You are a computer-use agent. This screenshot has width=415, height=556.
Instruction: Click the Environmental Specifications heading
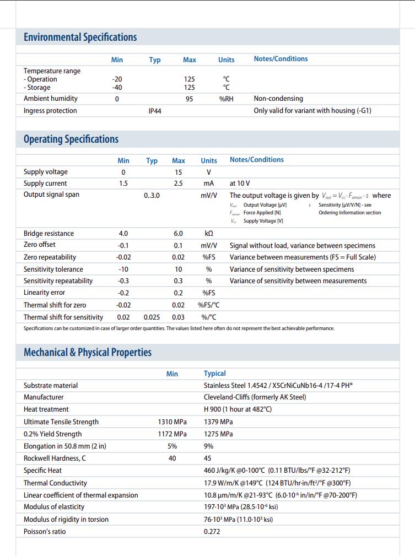[x=80, y=37]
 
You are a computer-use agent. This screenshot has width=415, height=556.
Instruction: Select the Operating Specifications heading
[x=71, y=139]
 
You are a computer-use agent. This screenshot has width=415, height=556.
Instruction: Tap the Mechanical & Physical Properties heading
[x=87, y=352]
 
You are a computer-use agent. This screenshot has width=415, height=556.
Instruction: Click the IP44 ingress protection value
[x=155, y=111]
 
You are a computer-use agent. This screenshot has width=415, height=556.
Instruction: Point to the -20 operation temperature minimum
[x=117, y=79]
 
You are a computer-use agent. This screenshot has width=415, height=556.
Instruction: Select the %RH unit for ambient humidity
[x=226, y=99]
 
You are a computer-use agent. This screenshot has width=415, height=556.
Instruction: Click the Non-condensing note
[x=278, y=99]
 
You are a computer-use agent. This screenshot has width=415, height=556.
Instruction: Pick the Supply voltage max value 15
[x=178, y=172]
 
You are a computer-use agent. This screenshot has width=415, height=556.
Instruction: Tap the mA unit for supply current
[x=208, y=183]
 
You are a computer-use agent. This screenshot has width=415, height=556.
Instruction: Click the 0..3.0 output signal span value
[x=152, y=195]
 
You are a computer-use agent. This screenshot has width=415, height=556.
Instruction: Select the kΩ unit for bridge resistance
[x=208, y=234]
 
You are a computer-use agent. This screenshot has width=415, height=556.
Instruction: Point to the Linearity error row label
[x=44, y=293]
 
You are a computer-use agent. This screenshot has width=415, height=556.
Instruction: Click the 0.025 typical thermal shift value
[x=152, y=317]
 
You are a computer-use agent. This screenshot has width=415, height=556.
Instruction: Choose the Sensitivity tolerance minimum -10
[x=123, y=269]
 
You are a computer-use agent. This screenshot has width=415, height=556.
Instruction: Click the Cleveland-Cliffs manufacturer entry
[x=255, y=397]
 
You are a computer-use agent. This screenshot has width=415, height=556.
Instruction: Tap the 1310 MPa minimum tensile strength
[x=172, y=422]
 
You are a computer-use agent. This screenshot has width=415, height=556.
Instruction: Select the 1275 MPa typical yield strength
[x=218, y=434]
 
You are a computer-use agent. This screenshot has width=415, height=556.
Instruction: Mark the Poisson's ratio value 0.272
[x=212, y=532]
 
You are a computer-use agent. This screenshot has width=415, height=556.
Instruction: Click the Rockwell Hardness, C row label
[x=55, y=458]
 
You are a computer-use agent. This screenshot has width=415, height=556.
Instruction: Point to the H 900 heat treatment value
[x=238, y=409]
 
